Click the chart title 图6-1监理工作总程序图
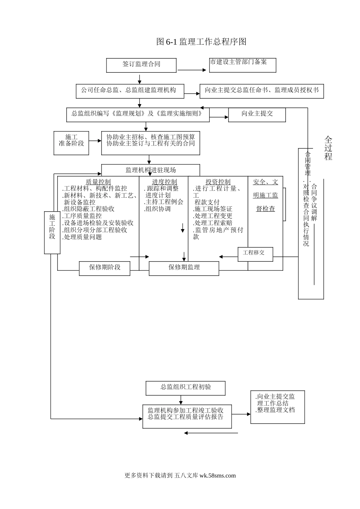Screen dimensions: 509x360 201,42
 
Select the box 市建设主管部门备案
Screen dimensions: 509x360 243,65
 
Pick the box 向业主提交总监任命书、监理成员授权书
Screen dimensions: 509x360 261,91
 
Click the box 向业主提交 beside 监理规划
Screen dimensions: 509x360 257,114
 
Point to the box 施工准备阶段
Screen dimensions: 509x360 71,143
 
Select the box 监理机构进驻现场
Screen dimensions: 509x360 150,170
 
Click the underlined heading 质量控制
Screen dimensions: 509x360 98,182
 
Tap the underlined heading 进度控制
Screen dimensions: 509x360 164,182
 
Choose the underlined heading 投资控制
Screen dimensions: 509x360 218,182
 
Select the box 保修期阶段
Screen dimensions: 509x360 105,268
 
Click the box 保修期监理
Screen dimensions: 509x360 184,268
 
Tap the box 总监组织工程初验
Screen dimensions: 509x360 185,388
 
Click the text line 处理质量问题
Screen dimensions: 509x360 83,237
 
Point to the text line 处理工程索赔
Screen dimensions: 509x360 213,223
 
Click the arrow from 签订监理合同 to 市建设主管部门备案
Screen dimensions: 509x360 192,70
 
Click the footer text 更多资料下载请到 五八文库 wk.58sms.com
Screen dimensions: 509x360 180,476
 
